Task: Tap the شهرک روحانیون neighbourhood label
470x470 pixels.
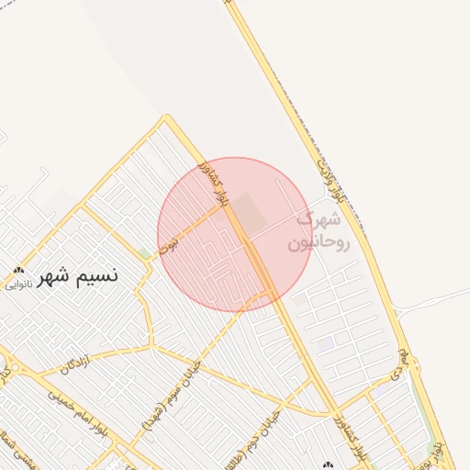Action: point(319,232)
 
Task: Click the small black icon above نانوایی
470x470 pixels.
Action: point(19,271)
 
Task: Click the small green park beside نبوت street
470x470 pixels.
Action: point(144,253)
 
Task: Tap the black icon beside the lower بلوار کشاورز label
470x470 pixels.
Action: point(329,464)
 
